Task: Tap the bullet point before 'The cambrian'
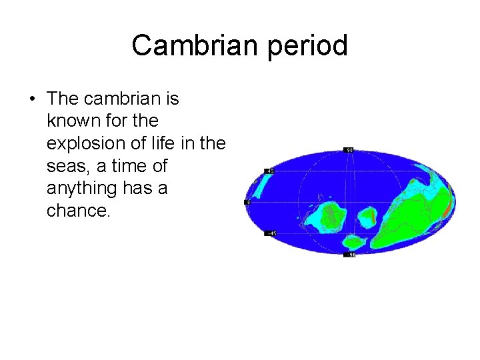(x=32, y=99)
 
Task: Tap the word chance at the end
(x=76, y=211)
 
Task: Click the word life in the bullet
(x=169, y=144)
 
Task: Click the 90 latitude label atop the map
(x=349, y=149)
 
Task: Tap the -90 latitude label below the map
(x=349, y=255)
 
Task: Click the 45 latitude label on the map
(x=271, y=171)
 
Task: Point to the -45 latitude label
(x=271, y=233)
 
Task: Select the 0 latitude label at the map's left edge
(x=247, y=202)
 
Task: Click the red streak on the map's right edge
(x=446, y=210)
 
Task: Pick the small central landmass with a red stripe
(x=367, y=217)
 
